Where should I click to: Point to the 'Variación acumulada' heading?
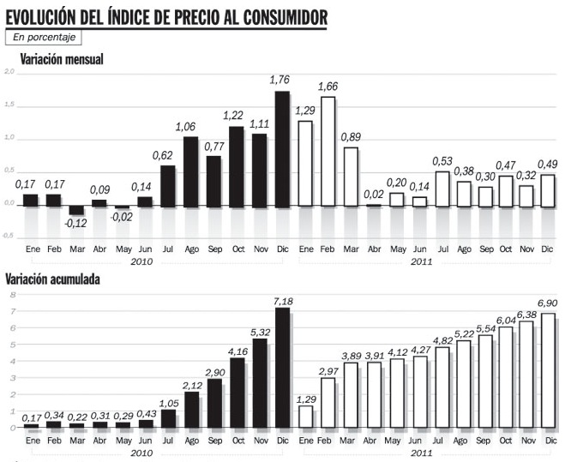(x=65, y=279)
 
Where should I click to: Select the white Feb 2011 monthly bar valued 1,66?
(x=327, y=152)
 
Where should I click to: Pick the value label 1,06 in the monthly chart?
(x=186, y=127)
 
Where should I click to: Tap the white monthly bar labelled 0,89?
(x=350, y=177)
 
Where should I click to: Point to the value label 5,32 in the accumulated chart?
(x=260, y=331)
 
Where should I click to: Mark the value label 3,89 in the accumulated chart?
(x=350, y=355)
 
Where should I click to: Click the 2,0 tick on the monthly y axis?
(x=9, y=73)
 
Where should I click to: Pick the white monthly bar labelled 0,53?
(x=442, y=189)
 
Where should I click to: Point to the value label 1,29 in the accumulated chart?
(x=304, y=399)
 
